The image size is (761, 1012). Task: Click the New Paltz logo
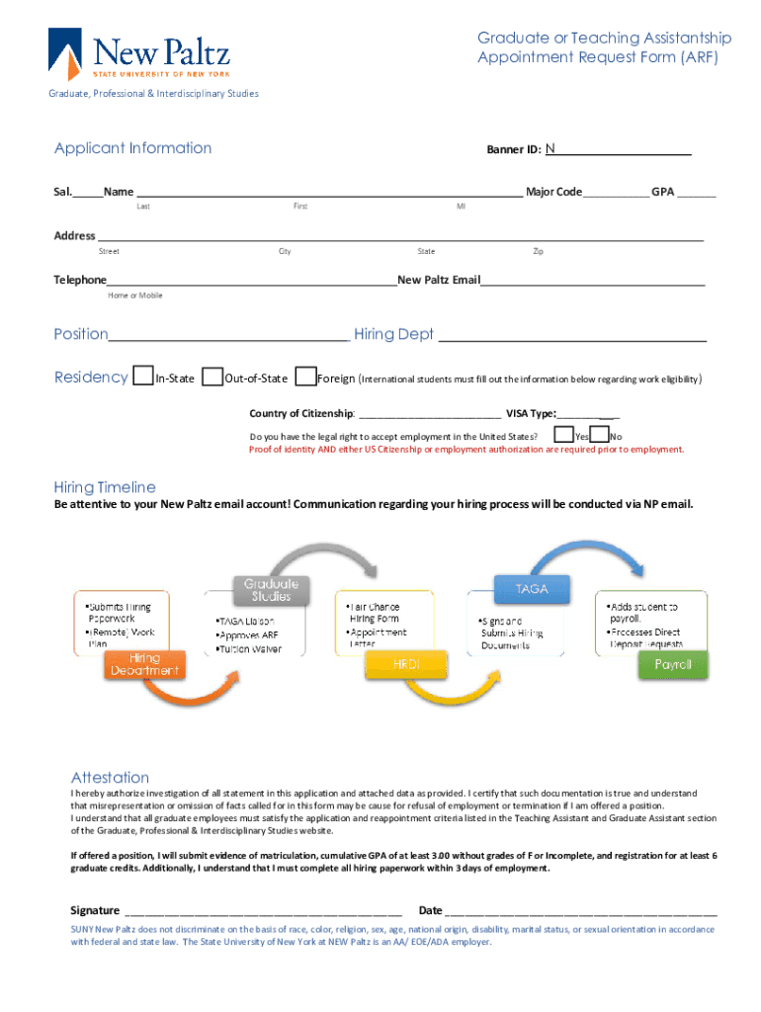138,54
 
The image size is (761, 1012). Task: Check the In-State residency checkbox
143,377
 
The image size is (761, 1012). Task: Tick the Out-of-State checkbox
211,377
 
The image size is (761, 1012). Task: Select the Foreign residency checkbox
305,377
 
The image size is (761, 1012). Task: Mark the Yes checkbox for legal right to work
563,434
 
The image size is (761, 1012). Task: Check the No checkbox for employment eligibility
599,434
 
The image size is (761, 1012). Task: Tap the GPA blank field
697,192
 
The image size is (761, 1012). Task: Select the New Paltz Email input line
592,280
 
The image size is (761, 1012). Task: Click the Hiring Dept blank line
572,335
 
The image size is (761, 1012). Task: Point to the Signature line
263,910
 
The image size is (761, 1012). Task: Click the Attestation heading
110,777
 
